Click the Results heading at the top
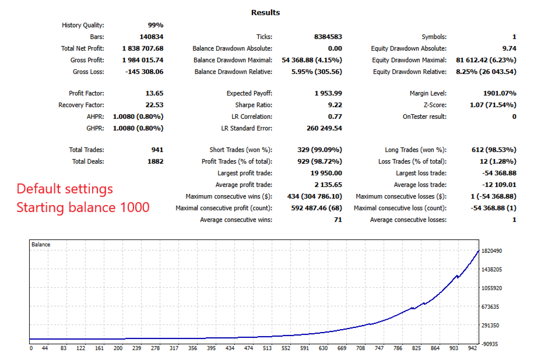pyautogui.click(x=265, y=12)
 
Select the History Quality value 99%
pyautogui.click(x=155, y=25)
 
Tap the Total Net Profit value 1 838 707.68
pyautogui.click(x=142, y=48)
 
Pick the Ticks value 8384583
pyautogui.click(x=328, y=37)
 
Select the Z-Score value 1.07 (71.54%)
pyautogui.click(x=492, y=105)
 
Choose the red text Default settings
pyautogui.click(x=65, y=189)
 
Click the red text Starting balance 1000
pyautogui.click(x=83, y=207)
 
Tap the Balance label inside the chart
pyautogui.click(x=41, y=245)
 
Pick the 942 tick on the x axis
pyautogui.click(x=473, y=348)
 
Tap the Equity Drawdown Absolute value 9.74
pyautogui.click(x=508, y=48)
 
